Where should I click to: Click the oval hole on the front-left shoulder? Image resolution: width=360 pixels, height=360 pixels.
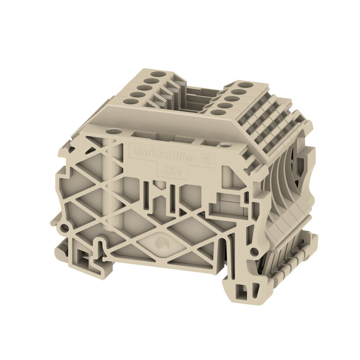coord(115,132)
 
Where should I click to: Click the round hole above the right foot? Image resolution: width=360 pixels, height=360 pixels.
coord(255,251)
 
